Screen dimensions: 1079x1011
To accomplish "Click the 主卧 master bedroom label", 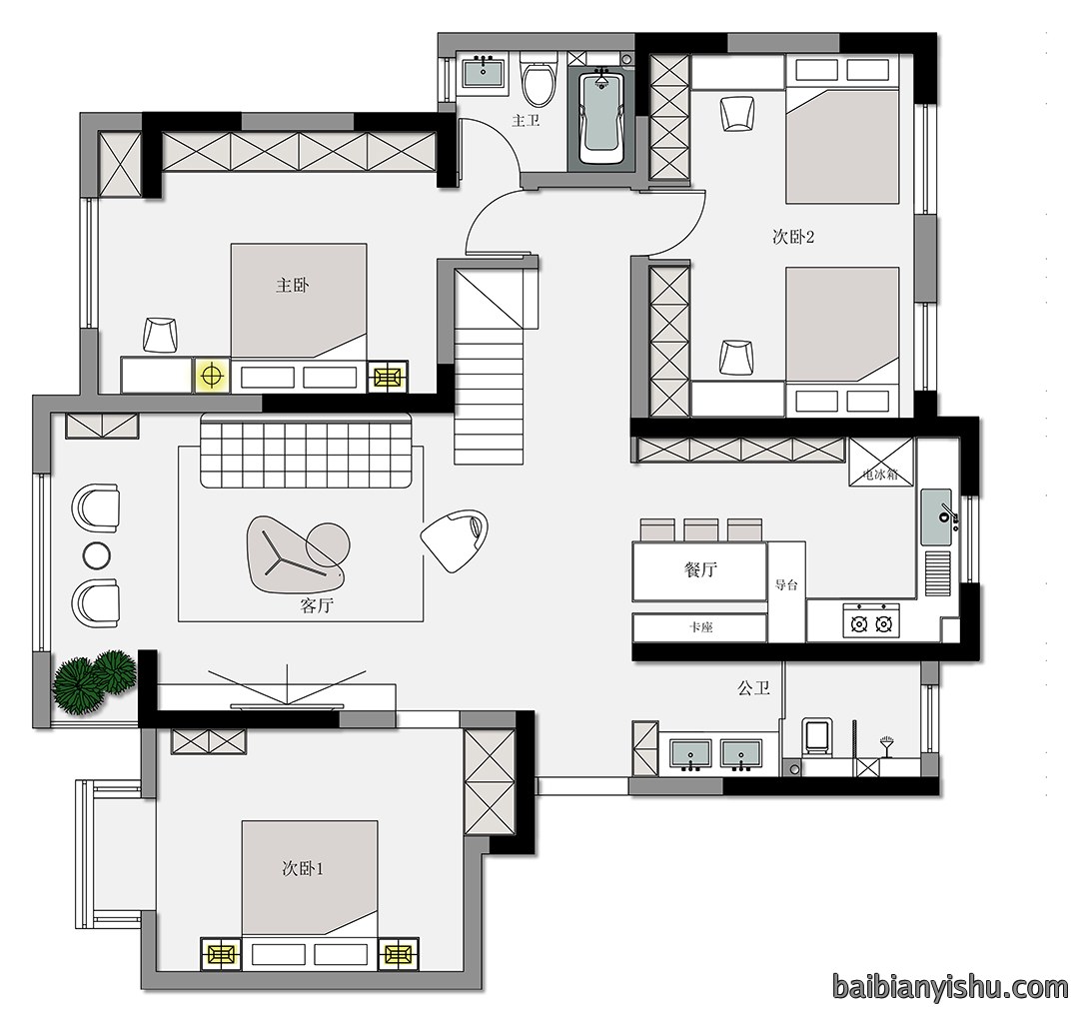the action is coord(292,285).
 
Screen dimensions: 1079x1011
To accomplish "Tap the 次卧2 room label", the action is coord(793,238).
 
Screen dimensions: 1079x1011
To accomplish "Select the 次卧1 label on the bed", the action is coord(303,868).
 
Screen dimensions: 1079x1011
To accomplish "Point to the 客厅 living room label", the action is coord(317,605).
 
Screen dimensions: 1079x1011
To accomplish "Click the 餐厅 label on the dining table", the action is coord(700,569).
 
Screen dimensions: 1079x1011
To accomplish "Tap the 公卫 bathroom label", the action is coord(753,687).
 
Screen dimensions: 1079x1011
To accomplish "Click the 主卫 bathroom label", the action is coord(526,121).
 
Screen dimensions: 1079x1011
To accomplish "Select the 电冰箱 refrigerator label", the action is coord(881,475).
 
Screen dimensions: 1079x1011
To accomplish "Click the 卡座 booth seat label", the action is coord(700,627).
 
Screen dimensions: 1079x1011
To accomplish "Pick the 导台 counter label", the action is coord(786,585).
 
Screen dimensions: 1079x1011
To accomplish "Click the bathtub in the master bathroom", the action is coord(602,117).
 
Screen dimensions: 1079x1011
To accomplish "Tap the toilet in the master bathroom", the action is coord(539,82).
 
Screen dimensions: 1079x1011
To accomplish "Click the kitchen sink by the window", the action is coord(936,516).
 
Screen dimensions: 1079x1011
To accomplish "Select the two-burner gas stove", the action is coord(870,620).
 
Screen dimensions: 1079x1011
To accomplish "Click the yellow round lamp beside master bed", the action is coord(212,376).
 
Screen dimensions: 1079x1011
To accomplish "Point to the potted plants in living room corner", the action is coord(95,680).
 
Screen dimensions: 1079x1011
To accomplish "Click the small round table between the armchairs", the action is coord(96,554).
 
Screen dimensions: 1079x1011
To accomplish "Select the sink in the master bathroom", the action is coord(484,73).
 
